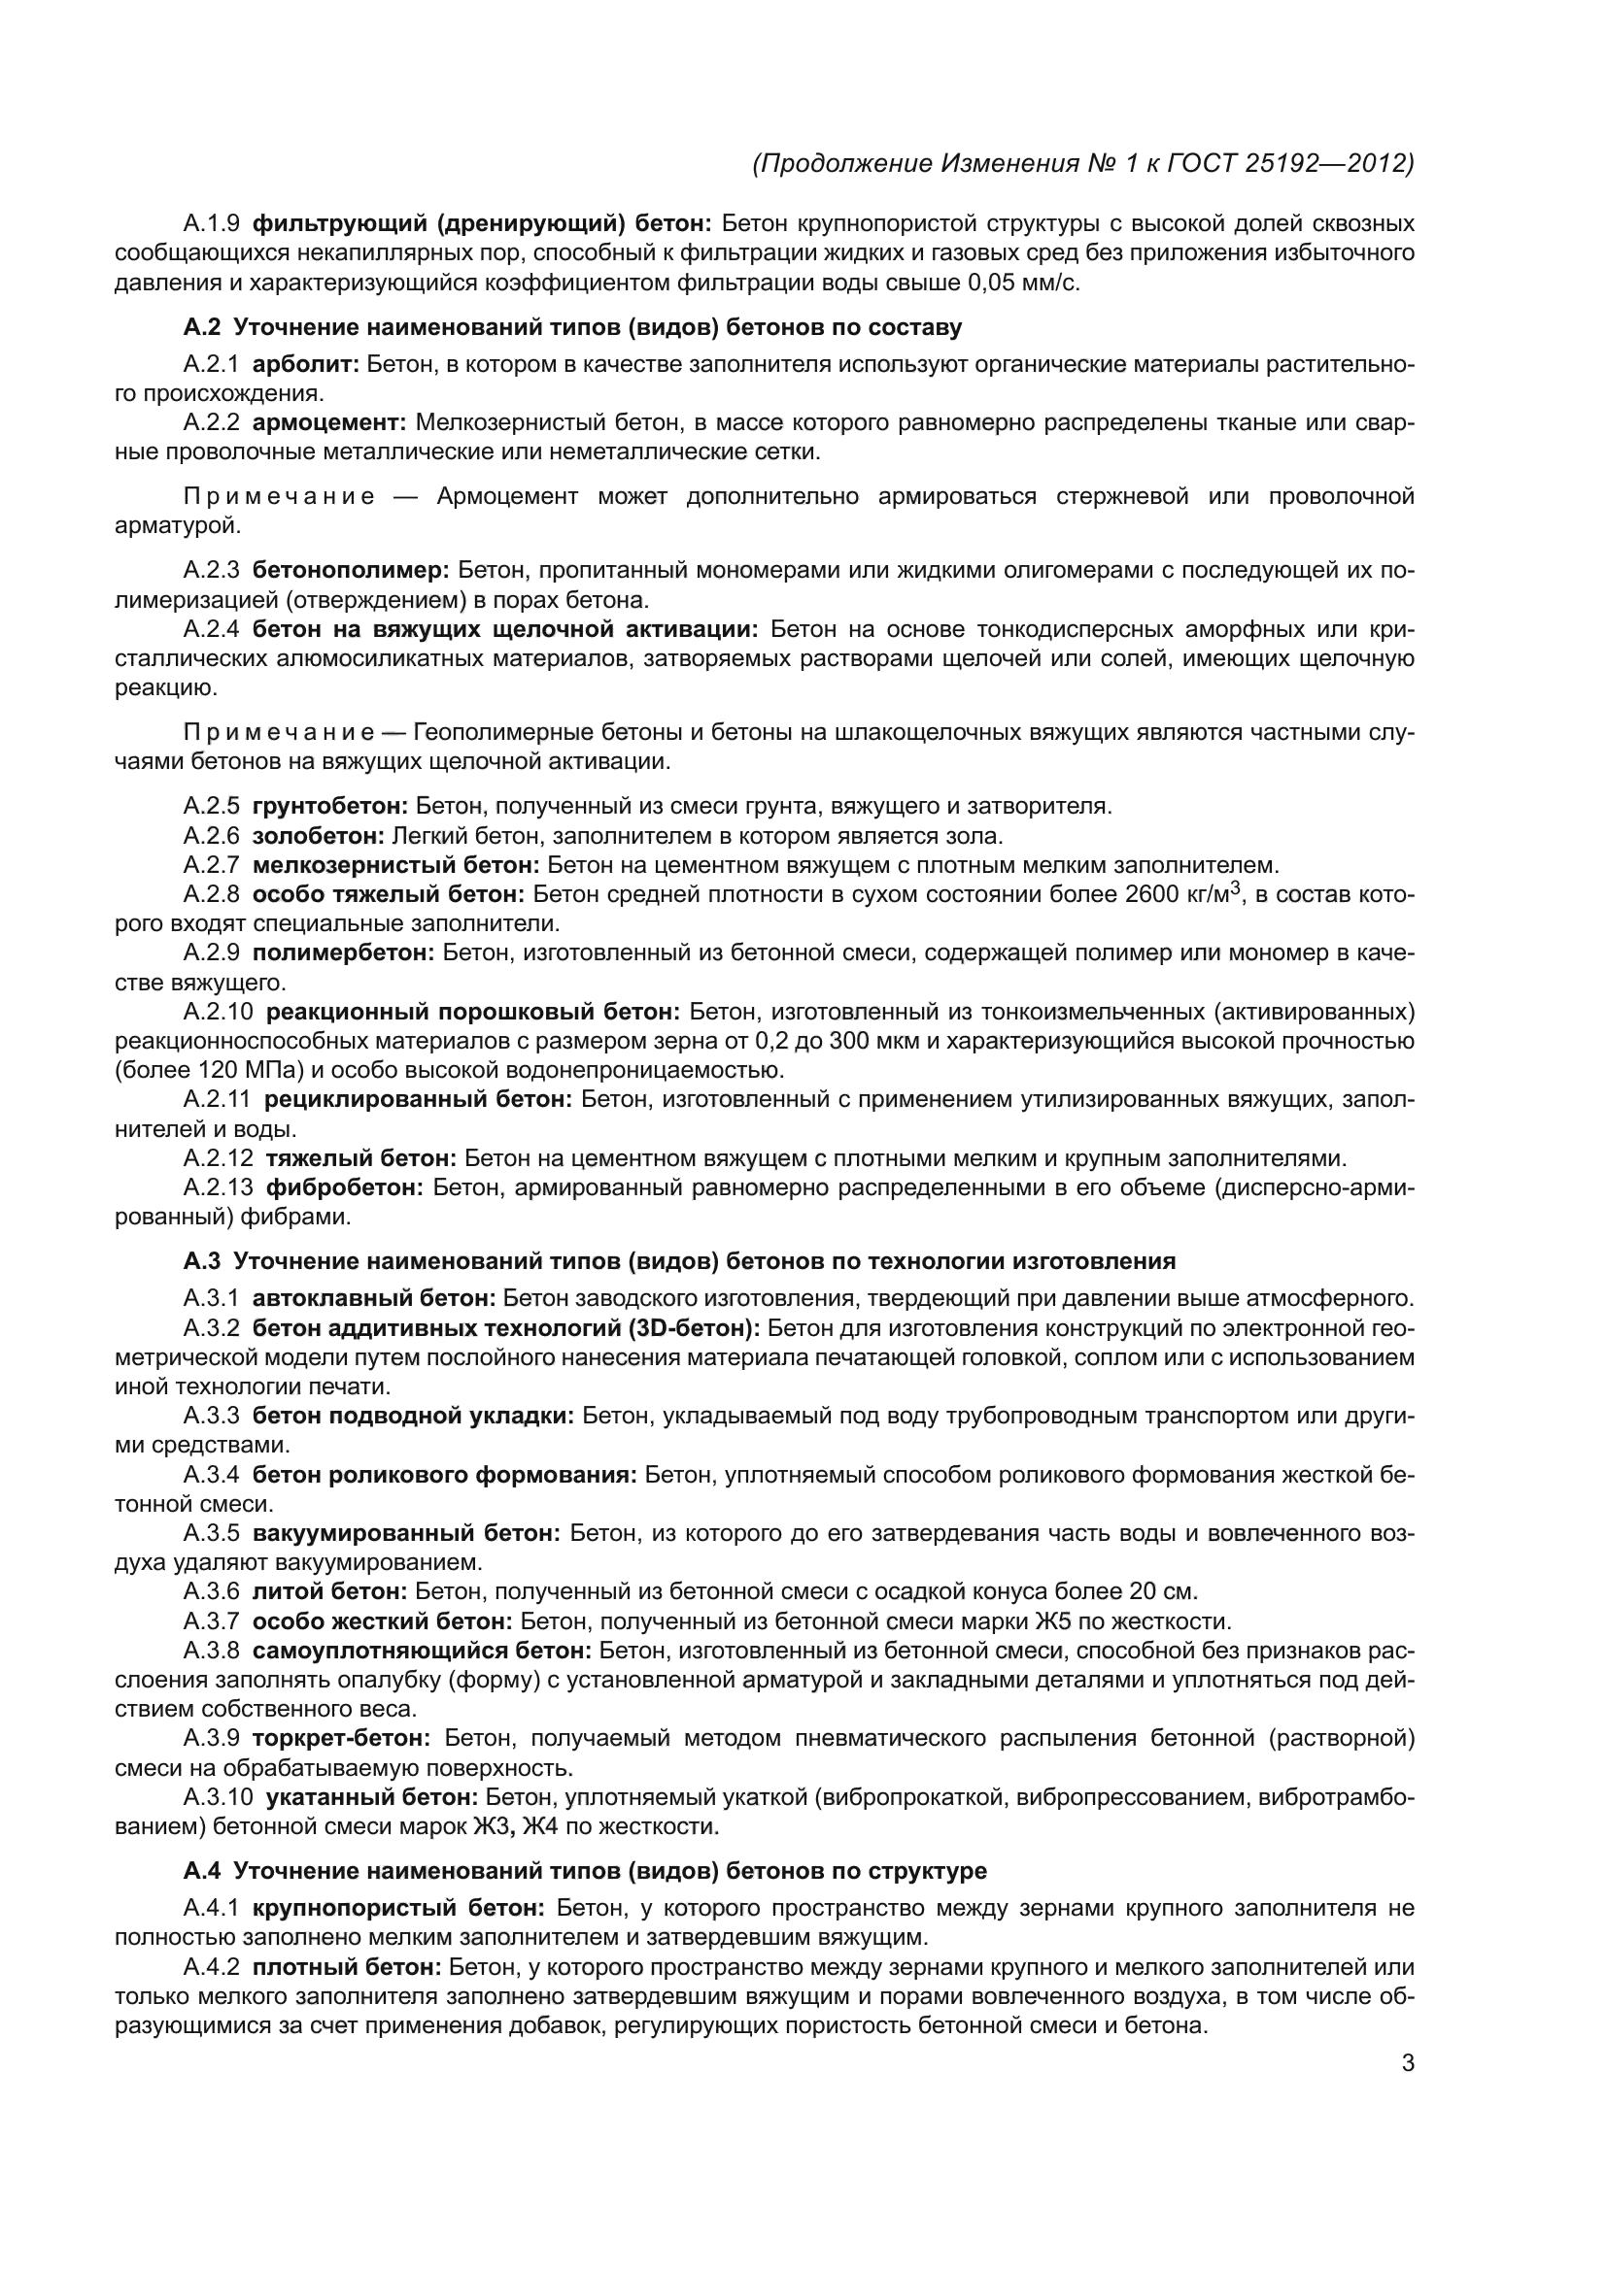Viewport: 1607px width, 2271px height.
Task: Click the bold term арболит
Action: pos(306,364)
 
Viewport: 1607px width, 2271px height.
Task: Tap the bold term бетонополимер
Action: pos(351,570)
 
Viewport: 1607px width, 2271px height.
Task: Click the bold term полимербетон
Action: pos(342,952)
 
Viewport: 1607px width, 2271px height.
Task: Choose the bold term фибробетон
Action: pos(344,1186)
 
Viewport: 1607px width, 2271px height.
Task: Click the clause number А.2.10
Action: pos(218,1012)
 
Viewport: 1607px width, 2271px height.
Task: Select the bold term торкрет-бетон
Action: pos(341,1738)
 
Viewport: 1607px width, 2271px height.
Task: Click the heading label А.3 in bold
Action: pos(202,1261)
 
